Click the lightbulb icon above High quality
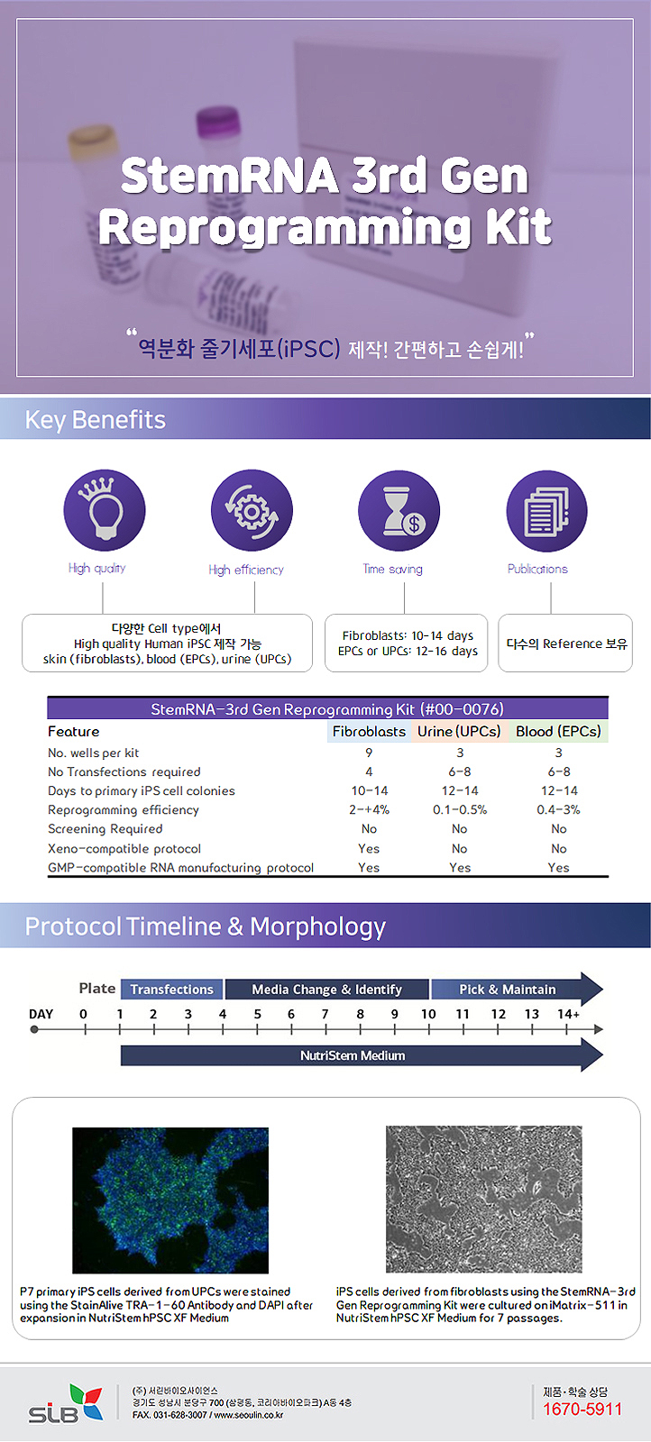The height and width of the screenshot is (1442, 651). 104,510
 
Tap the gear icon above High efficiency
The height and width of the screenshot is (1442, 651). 252,511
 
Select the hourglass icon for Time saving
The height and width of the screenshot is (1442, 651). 399,511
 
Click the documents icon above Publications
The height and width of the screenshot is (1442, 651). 546,511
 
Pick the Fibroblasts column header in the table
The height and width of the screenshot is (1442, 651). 369,731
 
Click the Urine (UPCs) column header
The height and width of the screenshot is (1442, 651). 459,731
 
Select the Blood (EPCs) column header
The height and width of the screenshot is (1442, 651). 558,731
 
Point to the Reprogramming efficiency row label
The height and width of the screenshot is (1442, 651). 124,809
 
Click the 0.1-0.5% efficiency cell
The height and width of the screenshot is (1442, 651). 459,809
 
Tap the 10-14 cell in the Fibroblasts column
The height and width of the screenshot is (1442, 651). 369,790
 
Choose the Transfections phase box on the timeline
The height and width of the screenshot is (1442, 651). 171,989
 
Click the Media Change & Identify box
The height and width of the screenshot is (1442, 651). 326,989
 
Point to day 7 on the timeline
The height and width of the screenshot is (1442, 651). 325,1014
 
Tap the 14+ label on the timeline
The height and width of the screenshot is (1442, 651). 568,1014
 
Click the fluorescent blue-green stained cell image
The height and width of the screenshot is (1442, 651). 170,1200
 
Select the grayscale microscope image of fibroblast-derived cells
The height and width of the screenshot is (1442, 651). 483,1199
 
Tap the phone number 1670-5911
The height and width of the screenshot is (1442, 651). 582,1409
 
